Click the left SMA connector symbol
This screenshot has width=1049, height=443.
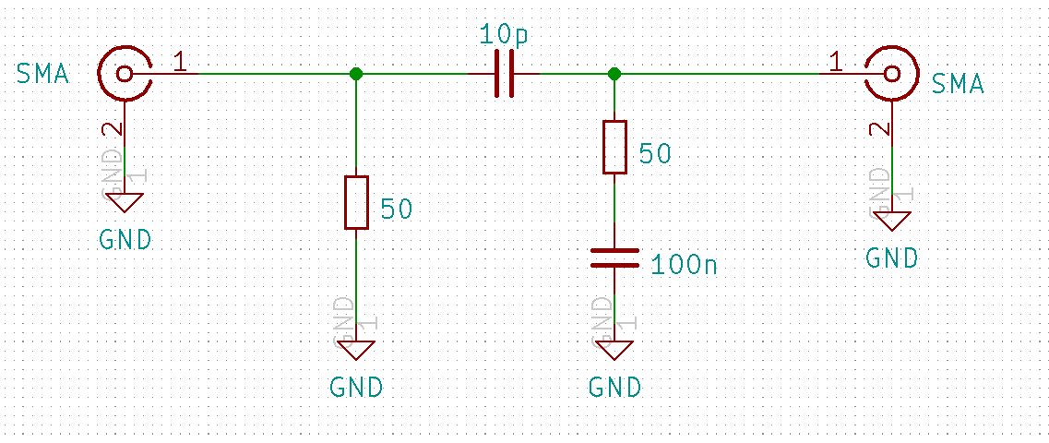[125, 74]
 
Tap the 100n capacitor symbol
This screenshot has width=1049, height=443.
[614, 257]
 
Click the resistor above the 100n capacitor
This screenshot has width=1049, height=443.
[614, 147]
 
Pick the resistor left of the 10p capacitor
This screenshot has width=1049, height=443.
[356, 202]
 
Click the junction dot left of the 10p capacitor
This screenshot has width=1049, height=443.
[356, 74]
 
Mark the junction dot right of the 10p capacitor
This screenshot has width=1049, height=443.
[614, 74]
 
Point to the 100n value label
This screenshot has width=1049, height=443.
[684, 265]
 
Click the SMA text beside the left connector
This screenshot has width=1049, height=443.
[42, 74]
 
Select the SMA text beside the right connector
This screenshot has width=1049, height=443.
[958, 85]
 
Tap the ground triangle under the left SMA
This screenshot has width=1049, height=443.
[125, 202]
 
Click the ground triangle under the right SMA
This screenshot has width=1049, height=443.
[890, 221]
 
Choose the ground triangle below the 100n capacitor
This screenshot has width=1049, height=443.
[614, 350]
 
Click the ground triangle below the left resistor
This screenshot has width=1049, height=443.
[356, 350]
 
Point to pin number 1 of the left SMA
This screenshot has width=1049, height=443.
[180, 62]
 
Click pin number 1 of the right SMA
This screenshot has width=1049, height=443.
[836, 62]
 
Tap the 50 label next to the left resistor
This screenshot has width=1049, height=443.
[396, 210]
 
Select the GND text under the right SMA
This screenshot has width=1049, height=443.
[891, 257]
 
